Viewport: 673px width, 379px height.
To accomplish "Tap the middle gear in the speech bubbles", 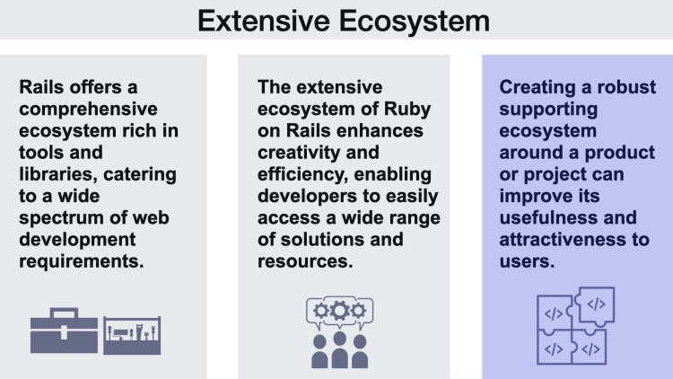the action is coord(338,310).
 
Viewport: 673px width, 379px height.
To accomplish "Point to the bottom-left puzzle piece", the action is coord(555,347).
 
